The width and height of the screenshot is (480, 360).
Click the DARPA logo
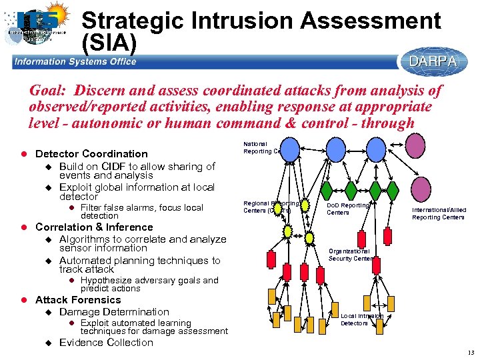click(x=433, y=61)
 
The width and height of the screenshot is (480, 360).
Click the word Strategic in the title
click(x=132, y=21)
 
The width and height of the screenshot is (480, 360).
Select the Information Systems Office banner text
click(x=75, y=62)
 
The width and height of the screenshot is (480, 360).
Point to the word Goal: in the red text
click(x=50, y=91)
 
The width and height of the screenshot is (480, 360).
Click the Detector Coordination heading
click(x=91, y=154)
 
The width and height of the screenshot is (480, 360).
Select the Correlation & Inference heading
click(x=94, y=227)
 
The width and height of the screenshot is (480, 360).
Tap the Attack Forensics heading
click(x=78, y=300)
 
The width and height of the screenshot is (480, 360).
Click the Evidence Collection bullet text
click(x=106, y=343)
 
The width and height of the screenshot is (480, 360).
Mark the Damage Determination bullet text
click(x=114, y=312)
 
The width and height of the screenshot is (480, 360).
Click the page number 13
click(x=470, y=353)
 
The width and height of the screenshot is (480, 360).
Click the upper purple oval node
click(x=415, y=145)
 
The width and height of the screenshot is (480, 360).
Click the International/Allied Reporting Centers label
click(x=439, y=213)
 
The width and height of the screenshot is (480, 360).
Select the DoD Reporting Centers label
click(x=347, y=209)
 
